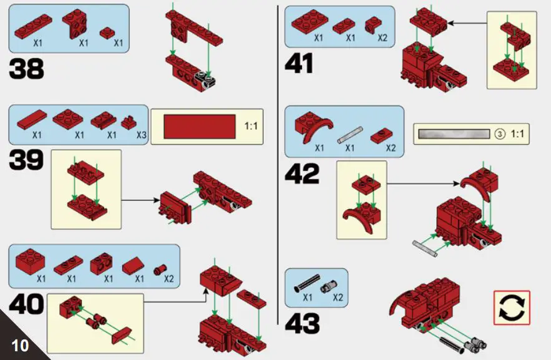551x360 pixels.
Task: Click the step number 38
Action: click(x=26, y=68)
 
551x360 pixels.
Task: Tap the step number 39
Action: click(x=26, y=160)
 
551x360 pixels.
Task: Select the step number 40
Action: click(x=26, y=305)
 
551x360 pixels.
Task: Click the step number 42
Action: click(x=302, y=174)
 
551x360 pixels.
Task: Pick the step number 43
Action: click(x=302, y=324)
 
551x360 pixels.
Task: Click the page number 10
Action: click(x=20, y=345)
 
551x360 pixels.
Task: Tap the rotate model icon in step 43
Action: click(x=511, y=308)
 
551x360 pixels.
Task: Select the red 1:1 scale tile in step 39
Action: click(x=199, y=127)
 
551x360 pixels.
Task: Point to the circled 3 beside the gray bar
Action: click(x=499, y=134)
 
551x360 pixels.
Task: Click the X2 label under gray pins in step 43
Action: click(x=338, y=298)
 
